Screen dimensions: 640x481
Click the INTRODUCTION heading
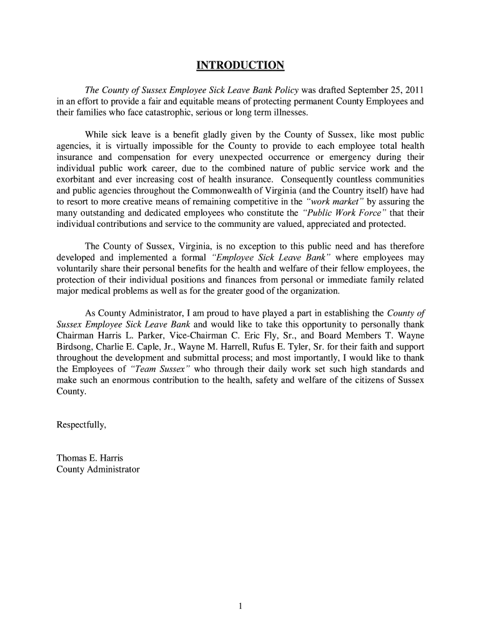tap(241, 66)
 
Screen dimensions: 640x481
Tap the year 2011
tap(414, 89)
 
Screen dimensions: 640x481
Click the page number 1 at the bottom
tap(241, 605)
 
